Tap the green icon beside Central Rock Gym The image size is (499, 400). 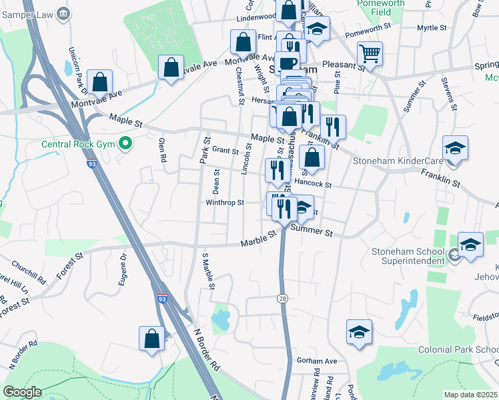(124, 143)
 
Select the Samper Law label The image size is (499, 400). (27, 13)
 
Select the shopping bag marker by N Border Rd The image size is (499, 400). (152, 337)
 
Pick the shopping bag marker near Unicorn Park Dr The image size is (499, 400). (100, 82)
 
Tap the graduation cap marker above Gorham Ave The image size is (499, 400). (359, 332)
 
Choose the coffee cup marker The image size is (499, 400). (288, 64)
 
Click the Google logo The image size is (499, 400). (22, 392)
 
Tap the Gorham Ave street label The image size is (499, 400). (317, 360)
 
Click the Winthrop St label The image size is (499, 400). (225, 203)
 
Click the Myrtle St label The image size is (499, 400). (431, 28)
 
